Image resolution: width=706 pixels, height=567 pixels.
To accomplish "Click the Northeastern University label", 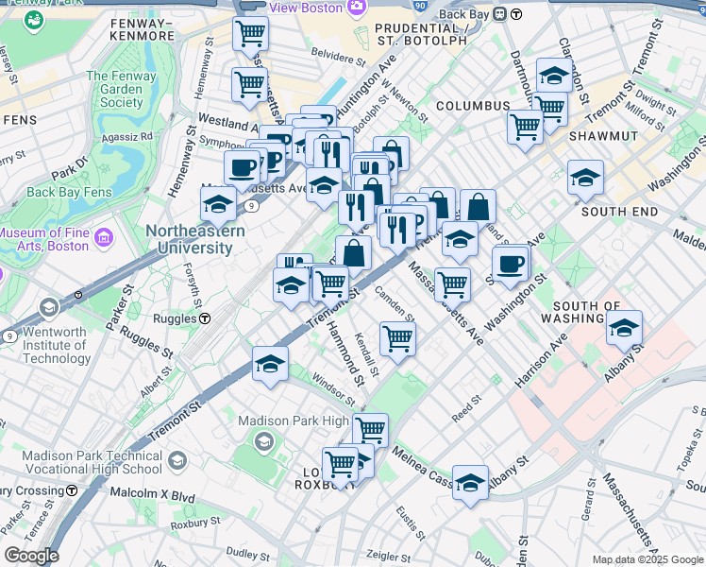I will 195,240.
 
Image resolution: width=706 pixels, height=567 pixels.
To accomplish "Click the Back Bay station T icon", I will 517,14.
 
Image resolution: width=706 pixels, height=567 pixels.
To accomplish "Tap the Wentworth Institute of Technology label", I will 57,345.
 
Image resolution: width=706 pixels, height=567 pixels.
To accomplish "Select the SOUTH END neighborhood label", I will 619,212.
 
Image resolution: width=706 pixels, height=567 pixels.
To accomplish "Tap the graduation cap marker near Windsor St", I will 270,364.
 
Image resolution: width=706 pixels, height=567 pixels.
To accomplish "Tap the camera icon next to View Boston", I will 356,8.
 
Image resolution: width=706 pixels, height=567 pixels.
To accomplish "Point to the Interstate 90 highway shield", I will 420,4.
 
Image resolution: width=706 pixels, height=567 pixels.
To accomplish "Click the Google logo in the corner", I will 30,556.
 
